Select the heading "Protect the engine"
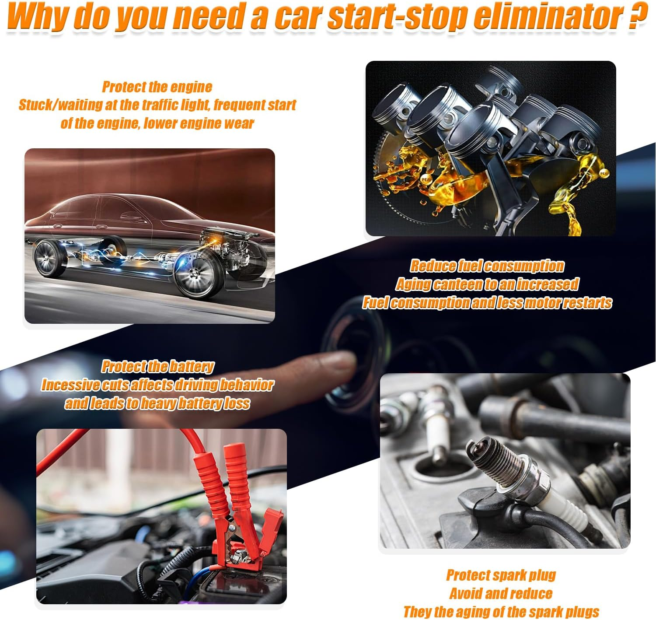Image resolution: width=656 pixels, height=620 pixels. (x=157, y=87)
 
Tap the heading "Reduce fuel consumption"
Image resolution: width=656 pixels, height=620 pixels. (x=487, y=266)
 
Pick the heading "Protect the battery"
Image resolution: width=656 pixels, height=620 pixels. (x=157, y=366)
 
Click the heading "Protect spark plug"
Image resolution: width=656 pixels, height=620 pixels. (x=501, y=575)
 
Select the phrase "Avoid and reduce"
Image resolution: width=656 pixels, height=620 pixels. (x=501, y=593)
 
